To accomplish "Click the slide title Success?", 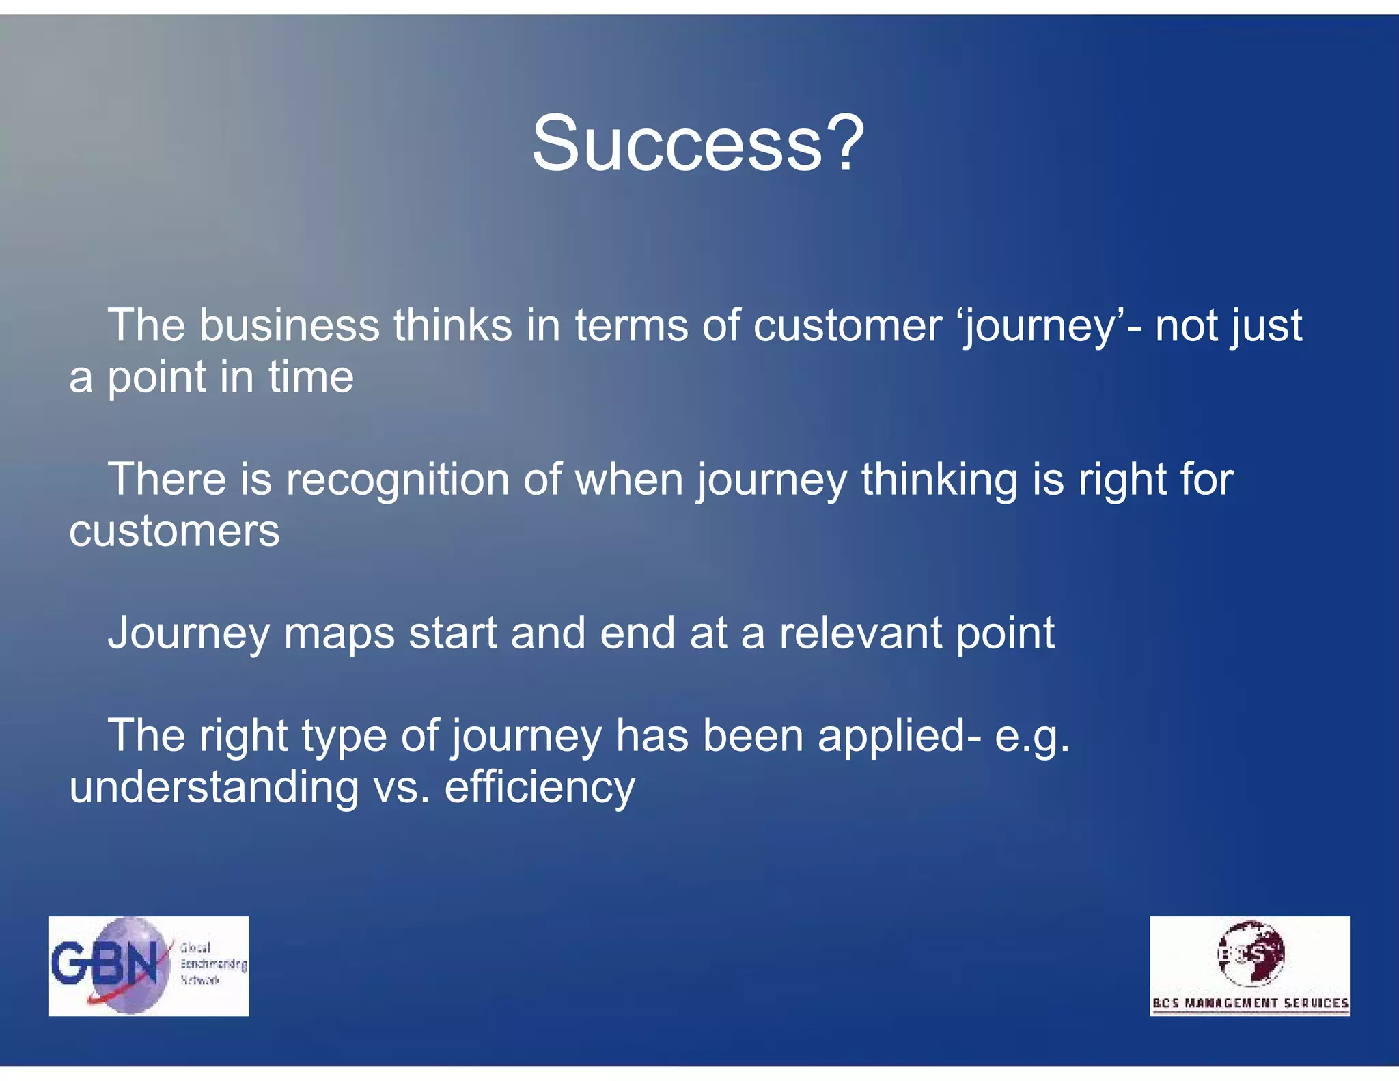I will [698, 143].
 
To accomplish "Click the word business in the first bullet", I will [289, 325].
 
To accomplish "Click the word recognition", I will [398, 480].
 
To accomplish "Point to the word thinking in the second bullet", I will [939, 480].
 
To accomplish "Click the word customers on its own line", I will [174, 531].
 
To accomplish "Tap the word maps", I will [339, 634].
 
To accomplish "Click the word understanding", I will [214, 787].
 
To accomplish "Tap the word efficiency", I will [540, 788].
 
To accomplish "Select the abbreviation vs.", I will [402, 788].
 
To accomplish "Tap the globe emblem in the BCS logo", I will [1251, 953].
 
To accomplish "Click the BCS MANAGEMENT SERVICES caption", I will [1250, 1003].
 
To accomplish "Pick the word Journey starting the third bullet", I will [189, 634].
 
